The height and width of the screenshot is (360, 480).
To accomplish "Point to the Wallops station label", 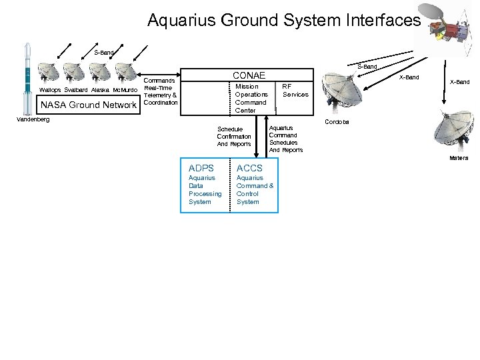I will (51, 89).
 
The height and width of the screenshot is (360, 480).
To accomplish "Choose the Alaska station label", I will (100, 89).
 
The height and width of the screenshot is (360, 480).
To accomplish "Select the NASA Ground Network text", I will (89, 105).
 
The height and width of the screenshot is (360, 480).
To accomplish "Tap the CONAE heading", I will (248, 75).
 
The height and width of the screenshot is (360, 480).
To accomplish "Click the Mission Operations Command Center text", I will (251, 98).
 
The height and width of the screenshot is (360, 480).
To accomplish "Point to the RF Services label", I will (295, 90).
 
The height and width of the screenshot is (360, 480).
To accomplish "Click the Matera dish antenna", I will (453, 131).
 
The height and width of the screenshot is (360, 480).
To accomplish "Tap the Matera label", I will (458, 158).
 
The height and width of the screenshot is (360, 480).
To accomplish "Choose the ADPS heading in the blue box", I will (201, 168).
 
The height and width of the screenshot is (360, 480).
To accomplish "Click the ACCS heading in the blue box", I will (249, 168).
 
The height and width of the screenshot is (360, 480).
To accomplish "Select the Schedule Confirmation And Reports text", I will (234, 136).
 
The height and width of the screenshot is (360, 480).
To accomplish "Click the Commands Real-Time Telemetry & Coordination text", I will (160, 91).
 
